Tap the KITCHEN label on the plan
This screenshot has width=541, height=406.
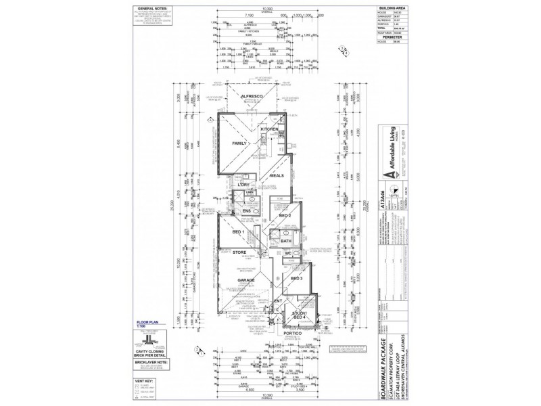(x=279, y=129)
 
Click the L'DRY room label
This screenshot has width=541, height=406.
(x=243, y=185)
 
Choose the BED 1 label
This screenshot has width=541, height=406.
(x=238, y=232)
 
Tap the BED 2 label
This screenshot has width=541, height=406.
(x=285, y=216)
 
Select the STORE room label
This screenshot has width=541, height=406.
(x=239, y=254)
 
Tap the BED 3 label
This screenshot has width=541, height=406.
(x=296, y=278)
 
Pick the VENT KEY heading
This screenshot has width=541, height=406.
(x=145, y=381)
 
